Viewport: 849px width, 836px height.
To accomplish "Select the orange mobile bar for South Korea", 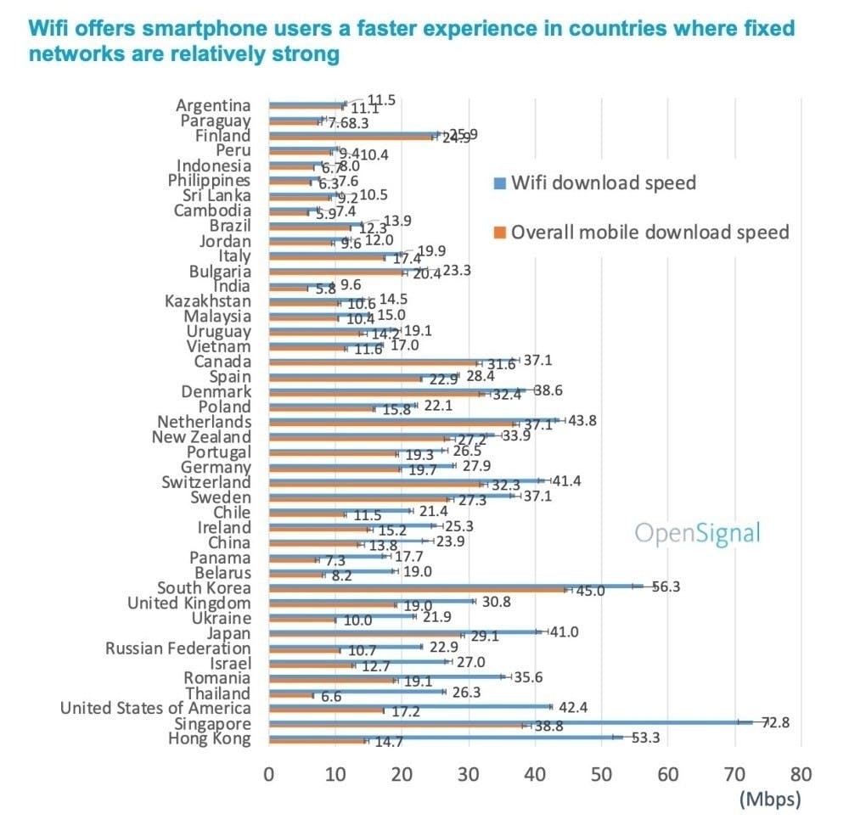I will click(x=416, y=590).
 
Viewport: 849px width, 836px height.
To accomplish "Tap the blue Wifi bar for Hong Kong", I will click(x=446, y=737).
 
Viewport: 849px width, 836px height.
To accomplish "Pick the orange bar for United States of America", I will click(x=326, y=710).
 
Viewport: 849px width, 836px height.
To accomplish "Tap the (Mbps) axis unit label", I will click(x=770, y=799).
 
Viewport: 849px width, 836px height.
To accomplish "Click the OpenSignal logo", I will click(x=698, y=534).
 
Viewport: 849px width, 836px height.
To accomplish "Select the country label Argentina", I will click(x=213, y=105).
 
